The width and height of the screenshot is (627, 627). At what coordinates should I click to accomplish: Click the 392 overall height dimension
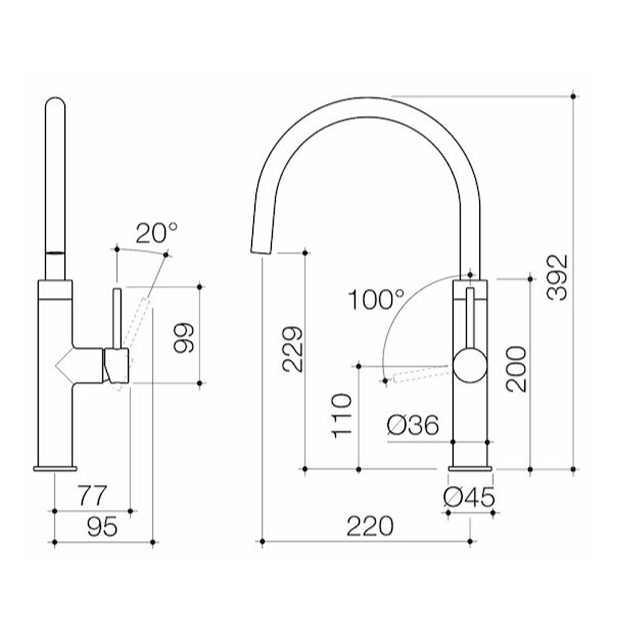tap(557, 277)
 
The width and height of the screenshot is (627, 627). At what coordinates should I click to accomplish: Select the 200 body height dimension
tap(516, 369)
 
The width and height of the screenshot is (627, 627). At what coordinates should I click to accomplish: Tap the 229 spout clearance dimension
tap(292, 349)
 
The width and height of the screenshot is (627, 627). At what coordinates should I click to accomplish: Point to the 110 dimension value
tap(343, 416)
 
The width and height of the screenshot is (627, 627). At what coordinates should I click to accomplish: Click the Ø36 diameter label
tap(413, 427)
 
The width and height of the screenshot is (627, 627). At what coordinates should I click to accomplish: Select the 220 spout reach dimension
tap(370, 527)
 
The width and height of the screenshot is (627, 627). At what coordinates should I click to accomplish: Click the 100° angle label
tap(376, 300)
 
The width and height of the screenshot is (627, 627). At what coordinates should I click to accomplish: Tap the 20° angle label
tap(157, 233)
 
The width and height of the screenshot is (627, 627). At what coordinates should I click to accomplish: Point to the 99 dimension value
tap(185, 337)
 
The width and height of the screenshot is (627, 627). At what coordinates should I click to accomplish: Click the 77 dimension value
tap(93, 496)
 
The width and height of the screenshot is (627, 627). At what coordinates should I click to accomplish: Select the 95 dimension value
tap(102, 527)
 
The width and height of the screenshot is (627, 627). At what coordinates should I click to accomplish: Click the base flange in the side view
tap(55, 468)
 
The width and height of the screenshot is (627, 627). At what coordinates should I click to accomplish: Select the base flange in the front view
tap(470, 468)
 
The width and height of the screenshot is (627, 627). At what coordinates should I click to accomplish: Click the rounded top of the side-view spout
tap(55, 105)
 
